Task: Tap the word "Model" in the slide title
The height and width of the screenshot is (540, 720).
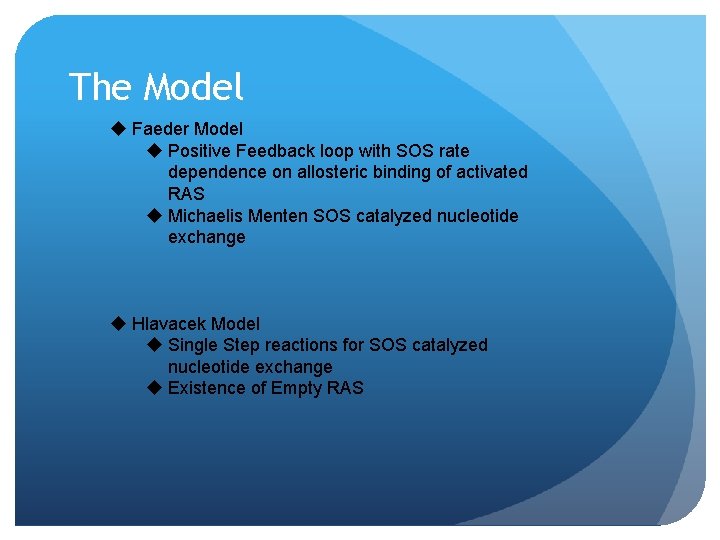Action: click(194, 87)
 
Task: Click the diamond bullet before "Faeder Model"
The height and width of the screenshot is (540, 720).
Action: click(118, 129)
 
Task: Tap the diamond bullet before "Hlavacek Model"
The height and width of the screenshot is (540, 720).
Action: click(118, 323)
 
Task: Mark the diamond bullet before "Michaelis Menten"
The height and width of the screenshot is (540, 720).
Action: click(154, 216)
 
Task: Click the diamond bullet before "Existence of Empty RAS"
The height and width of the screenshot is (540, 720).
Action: click(154, 388)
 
